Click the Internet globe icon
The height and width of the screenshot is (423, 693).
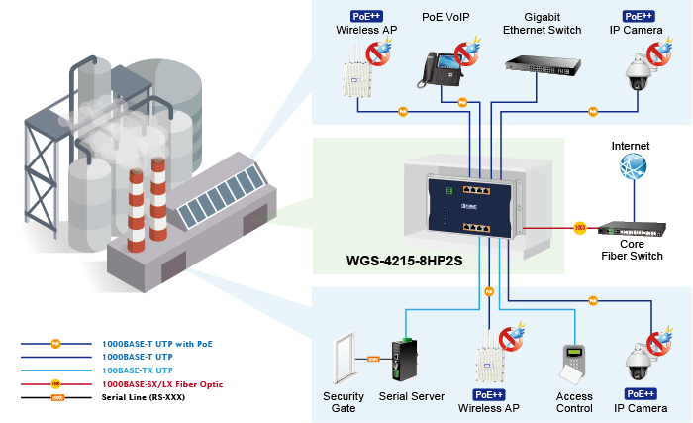[633, 167]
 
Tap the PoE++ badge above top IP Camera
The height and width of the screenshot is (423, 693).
[637, 16]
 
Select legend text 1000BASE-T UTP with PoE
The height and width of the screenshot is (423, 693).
[158, 344]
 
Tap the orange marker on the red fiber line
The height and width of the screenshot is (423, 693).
[580, 229]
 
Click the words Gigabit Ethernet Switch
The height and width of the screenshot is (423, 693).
[539, 23]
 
